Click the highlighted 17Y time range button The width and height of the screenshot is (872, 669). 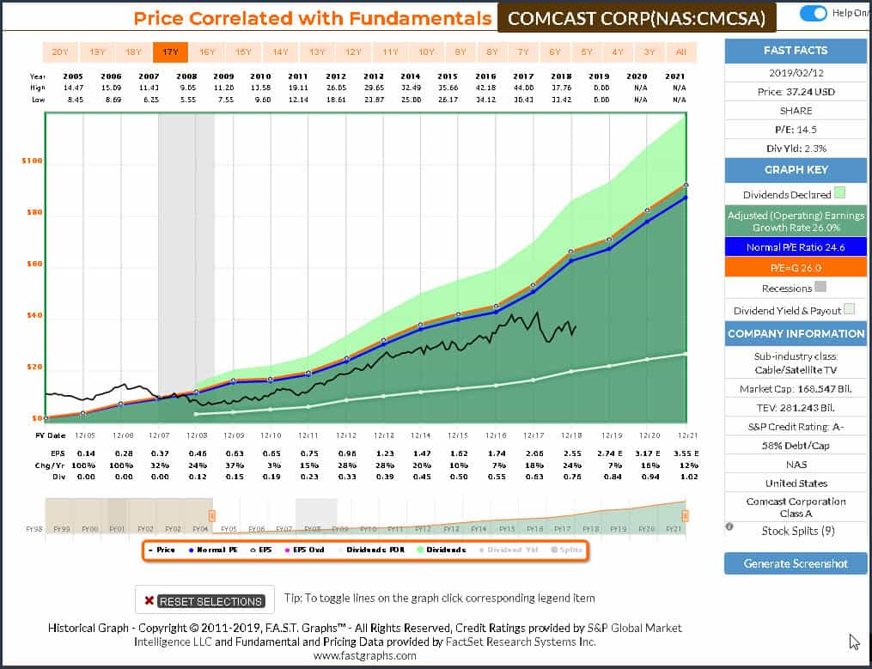(170, 52)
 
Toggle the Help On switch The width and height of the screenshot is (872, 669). (813, 13)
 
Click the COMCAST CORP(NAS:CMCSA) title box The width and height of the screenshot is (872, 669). (636, 17)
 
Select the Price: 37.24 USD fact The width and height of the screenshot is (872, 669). (795, 92)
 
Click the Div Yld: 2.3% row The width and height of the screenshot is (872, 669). (795, 148)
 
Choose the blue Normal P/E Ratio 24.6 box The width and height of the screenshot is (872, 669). (795, 247)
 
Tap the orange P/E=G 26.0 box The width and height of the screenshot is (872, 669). (795, 267)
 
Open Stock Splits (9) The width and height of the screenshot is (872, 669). (795, 531)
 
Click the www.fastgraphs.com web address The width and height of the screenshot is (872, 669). (365, 655)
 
